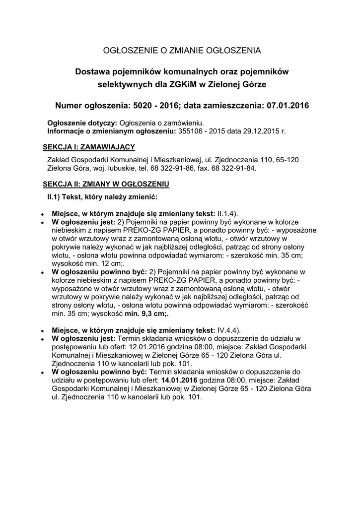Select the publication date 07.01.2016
pos(287,106)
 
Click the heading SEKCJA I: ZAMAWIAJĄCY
pos(89,147)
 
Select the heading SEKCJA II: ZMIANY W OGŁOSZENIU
pos(106,184)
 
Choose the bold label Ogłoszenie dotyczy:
pos(82,123)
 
